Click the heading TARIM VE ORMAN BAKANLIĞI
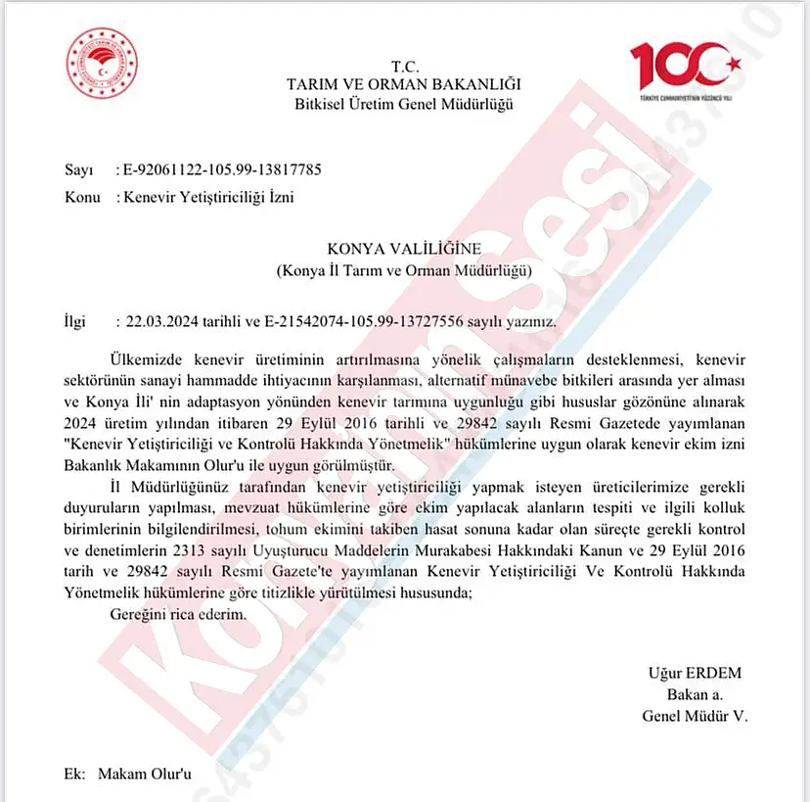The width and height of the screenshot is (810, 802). (403, 85)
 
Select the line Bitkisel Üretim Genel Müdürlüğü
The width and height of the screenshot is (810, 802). (403, 105)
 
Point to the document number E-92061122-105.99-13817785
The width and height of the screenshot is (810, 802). (221, 169)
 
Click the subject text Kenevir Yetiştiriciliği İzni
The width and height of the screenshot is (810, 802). (208, 197)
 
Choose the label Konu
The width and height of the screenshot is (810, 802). (82, 197)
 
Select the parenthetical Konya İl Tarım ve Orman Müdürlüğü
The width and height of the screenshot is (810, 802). (404, 270)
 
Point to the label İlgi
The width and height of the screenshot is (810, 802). (75, 320)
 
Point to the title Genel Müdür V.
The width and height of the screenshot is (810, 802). (695, 716)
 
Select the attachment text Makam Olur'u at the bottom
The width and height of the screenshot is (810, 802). (144, 774)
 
